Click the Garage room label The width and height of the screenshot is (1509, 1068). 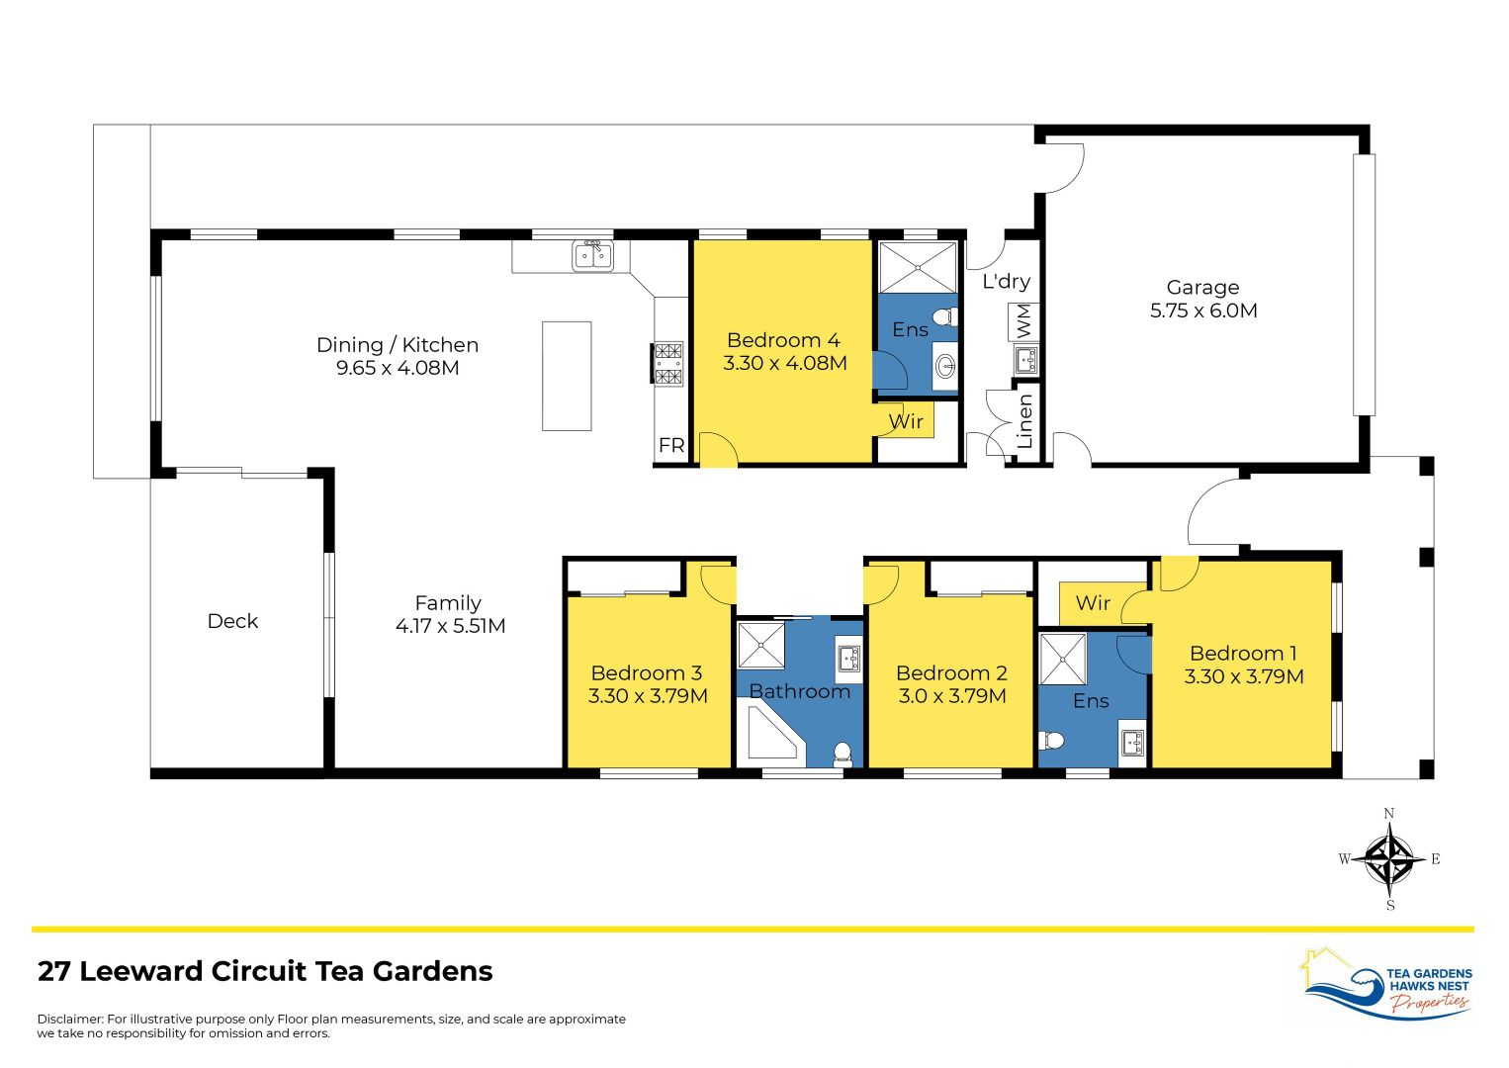[1202, 288]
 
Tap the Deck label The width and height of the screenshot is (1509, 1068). [232, 621]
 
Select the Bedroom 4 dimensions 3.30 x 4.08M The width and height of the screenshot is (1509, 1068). [784, 363]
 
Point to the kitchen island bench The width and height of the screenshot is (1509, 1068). [567, 376]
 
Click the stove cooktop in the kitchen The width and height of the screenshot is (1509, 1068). [667, 363]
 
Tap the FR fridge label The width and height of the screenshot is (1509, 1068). [671, 446]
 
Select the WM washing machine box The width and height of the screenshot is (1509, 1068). [1023, 320]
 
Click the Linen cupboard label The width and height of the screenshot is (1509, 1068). [1025, 421]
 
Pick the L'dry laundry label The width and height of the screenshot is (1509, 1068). [1006, 282]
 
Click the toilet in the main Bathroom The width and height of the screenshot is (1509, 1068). [843, 755]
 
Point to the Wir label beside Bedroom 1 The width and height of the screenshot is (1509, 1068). [1093, 603]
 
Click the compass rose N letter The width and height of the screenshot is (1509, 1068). [1389, 814]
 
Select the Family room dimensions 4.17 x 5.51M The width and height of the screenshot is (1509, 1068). [450, 626]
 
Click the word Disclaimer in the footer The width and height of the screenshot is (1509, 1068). [69, 1019]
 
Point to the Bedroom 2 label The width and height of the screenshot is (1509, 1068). [951, 673]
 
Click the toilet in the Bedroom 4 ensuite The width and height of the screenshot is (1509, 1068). [944, 317]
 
